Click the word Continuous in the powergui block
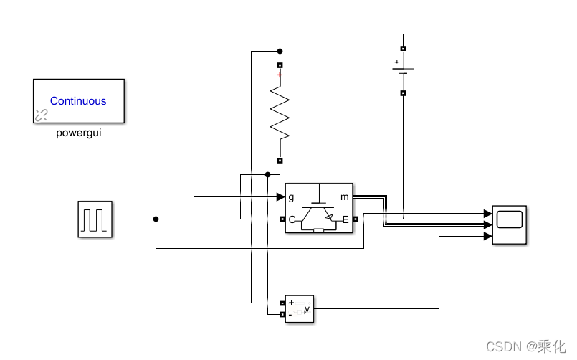click(78, 101)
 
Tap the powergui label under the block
click(78, 133)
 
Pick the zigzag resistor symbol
click(280, 113)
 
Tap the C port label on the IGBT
click(292, 220)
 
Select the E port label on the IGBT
click(345, 220)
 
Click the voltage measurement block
click(300, 309)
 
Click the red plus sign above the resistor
click(280, 75)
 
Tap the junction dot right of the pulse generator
click(156, 219)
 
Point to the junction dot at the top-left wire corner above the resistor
click(280, 52)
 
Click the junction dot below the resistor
click(267, 174)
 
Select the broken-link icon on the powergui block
click(42, 115)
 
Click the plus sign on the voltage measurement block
click(292, 303)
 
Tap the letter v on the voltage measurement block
click(307, 310)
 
